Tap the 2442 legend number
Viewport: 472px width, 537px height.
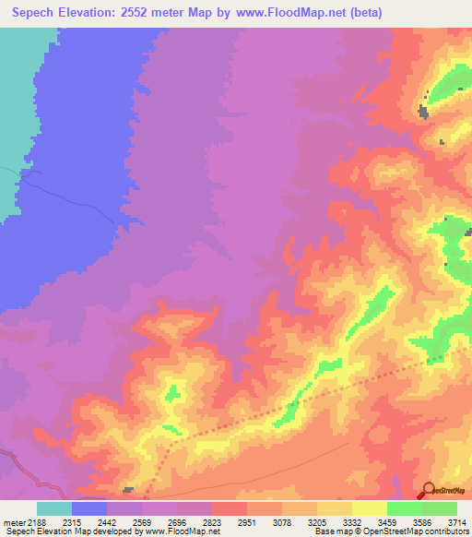pos(107,522)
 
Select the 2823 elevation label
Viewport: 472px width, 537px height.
pos(212,522)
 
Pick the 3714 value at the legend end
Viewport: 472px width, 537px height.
pos(456,522)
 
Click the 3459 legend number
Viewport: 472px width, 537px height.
pos(386,522)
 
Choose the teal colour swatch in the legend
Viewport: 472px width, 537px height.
pos(54,508)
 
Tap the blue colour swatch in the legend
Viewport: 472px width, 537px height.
pos(89,508)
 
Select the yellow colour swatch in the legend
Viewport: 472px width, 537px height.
pos(369,508)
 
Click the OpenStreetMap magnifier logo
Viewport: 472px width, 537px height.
pos(427,492)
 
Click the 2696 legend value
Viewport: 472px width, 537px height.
pos(177,522)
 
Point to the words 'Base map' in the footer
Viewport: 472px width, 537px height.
pos(330,531)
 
